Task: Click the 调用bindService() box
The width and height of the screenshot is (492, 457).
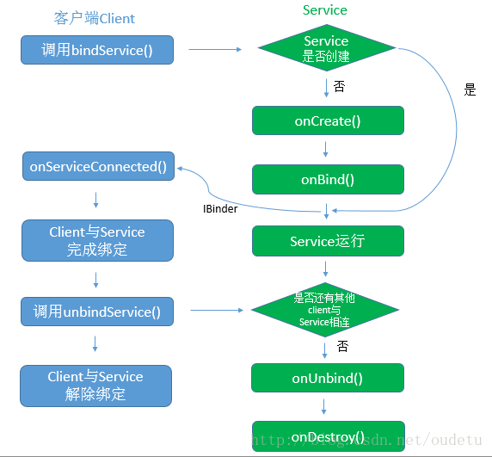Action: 96,50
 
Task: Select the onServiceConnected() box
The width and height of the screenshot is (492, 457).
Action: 98,166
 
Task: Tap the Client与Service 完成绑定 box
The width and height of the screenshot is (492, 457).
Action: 95,241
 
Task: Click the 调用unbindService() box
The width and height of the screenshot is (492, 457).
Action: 96,312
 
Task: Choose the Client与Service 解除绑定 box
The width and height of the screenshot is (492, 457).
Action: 95,386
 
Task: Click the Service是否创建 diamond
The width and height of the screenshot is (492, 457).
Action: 326,49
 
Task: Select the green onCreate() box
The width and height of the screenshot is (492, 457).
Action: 328,120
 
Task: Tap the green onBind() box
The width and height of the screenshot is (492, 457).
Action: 328,180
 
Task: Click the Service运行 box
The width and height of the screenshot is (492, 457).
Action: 328,241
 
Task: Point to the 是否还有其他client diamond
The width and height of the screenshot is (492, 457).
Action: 326,309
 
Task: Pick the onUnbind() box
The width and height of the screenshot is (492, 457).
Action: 328,378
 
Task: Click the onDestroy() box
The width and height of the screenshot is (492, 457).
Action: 328,436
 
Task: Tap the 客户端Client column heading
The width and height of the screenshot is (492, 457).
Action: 95,18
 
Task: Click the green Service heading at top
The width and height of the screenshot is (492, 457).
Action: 325,10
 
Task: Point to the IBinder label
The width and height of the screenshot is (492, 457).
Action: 220,209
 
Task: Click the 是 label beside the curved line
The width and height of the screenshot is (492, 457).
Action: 470,90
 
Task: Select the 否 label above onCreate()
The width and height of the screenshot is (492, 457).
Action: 339,86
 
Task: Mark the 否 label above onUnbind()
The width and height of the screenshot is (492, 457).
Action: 342,346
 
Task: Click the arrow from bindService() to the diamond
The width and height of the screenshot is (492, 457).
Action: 215,49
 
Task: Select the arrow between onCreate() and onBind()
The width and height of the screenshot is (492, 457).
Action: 327,150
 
